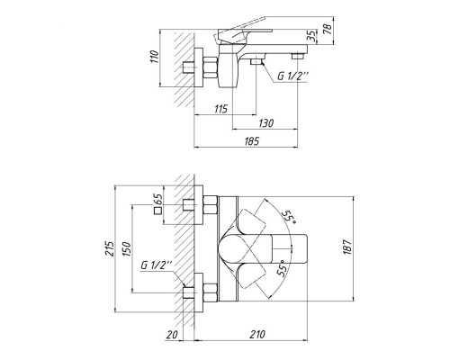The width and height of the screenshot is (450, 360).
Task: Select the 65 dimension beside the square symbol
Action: [159, 199]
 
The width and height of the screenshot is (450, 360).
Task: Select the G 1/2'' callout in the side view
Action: [292, 77]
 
